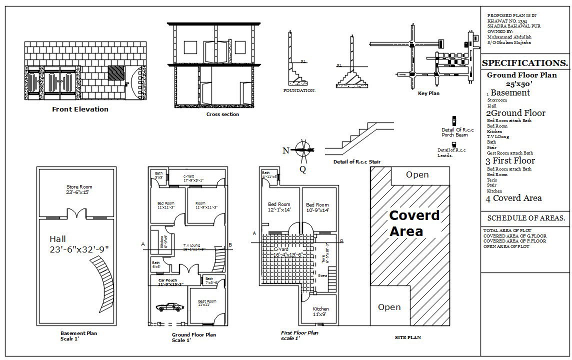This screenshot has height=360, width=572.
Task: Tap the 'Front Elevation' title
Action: (80, 109)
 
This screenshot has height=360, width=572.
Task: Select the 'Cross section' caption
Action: (222, 114)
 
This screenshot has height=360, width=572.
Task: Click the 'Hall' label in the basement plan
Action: (58, 239)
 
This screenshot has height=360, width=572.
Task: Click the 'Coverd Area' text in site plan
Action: (414, 223)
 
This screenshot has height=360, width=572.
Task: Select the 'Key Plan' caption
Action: (428, 93)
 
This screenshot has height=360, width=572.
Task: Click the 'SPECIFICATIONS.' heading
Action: (524, 63)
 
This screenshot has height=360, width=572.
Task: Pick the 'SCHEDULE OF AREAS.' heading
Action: (526, 218)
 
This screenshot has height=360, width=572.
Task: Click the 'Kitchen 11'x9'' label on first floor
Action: (320, 311)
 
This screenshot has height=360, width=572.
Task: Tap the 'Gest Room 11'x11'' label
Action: (207, 302)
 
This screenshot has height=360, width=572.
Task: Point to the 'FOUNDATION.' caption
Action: (299, 90)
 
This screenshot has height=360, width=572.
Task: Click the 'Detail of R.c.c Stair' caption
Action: (356, 162)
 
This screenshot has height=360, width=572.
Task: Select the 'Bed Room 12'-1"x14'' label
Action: (279, 207)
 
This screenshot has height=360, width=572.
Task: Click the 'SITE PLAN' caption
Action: (407, 337)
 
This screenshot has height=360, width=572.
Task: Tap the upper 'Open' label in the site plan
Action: (417, 174)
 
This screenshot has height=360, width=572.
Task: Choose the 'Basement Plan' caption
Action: (78, 333)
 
